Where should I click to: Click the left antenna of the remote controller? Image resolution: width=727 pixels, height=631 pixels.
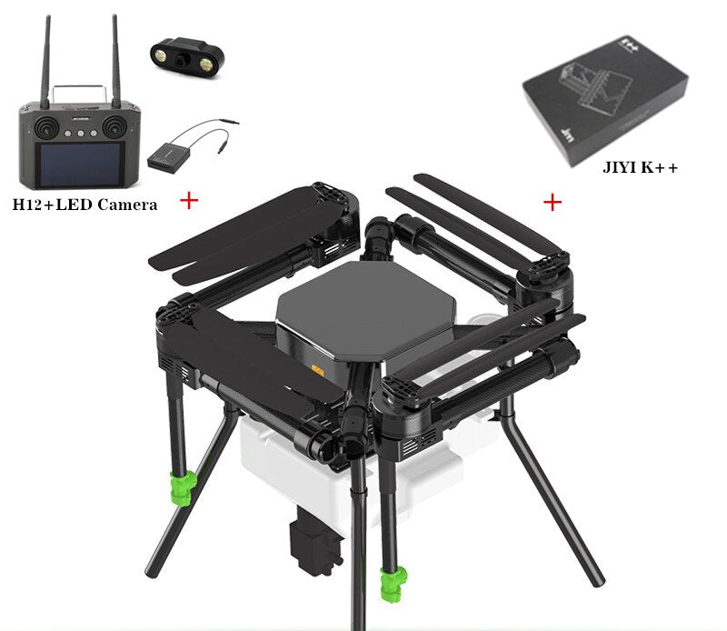[45, 62]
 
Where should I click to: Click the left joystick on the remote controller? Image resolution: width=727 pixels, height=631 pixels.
[46, 126]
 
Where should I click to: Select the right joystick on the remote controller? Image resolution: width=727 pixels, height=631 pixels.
[115, 126]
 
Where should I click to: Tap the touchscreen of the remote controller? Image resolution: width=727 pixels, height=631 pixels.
[80, 165]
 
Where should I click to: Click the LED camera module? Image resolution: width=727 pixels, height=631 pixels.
[187, 57]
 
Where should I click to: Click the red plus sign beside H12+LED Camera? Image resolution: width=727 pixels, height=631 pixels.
[189, 200]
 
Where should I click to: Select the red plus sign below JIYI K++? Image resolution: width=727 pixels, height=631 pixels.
[553, 202]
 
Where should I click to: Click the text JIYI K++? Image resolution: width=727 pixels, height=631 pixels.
[640, 167]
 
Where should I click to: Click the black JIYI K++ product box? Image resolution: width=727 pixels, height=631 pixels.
[605, 100]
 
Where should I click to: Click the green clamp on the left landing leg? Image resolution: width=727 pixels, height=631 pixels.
[183, 488]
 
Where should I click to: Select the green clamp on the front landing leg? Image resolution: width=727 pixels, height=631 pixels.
[393, 584]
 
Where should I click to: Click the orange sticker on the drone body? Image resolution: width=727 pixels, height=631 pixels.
[317, 370]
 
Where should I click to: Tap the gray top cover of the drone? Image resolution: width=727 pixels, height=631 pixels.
[366, 308]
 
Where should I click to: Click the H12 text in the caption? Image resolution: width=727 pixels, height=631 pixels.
[28, 205]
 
